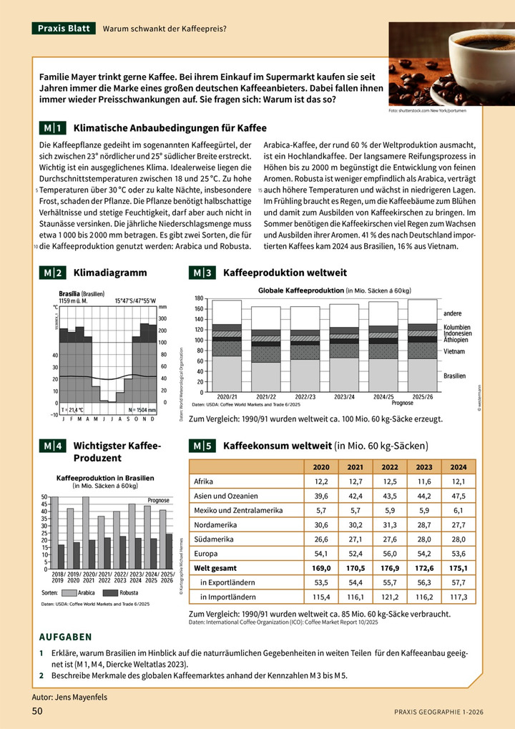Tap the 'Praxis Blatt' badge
pos(64,29)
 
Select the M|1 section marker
pos(53,128)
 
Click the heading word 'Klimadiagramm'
pos(110,273)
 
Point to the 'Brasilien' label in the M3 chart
pos(454,376)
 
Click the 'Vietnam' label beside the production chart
pos(454,351)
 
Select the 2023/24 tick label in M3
pos(345,396)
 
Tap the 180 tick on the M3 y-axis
pos(199,298)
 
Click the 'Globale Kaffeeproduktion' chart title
pos(300,290)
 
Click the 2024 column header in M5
pos(458,467)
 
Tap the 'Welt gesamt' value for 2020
pos(321,568)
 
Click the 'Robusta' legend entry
pos(129,593)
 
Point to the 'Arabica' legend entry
pos(86,593)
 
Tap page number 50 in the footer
pos(38,710)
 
